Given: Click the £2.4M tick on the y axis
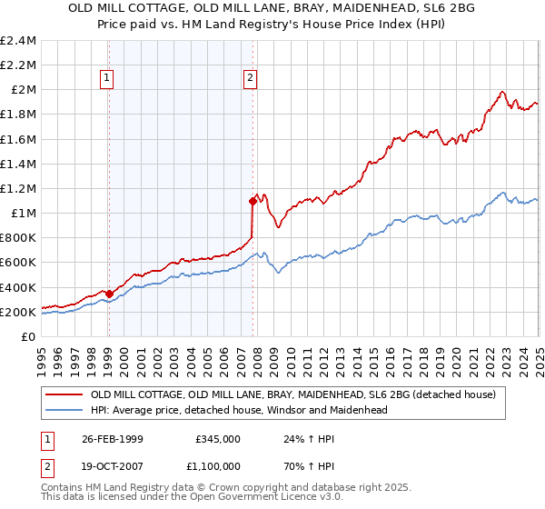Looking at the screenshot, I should [x=18, y=41].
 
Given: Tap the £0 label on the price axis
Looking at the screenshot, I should [x=28, y=336].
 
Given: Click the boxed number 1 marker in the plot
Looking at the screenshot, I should [x=108, y=78].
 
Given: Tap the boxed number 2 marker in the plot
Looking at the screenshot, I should [x=251, y=78].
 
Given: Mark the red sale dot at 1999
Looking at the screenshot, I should [x=110, y=294].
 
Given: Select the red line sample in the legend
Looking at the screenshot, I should [x=65, y=395].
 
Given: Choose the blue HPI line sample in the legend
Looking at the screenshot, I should [x=65, y=410].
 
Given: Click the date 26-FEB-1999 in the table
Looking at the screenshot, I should [x=112, y=438].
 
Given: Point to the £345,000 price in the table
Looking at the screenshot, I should [x=217, y=438].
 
